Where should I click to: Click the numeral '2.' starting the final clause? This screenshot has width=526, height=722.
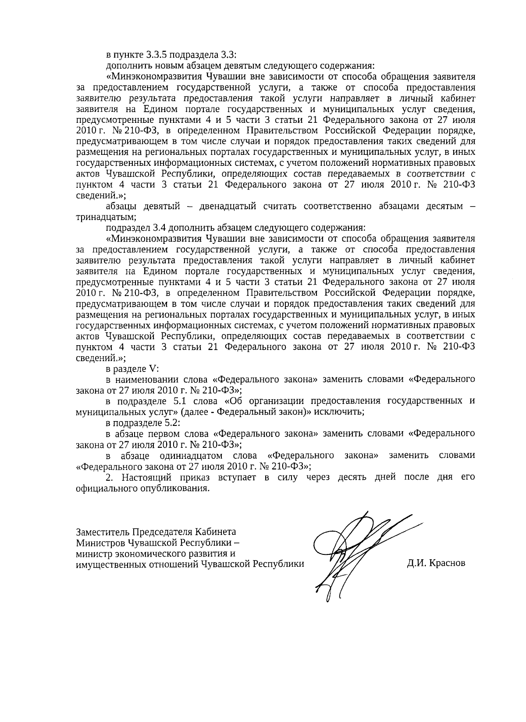pyautogui.click(x=110, y=478)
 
